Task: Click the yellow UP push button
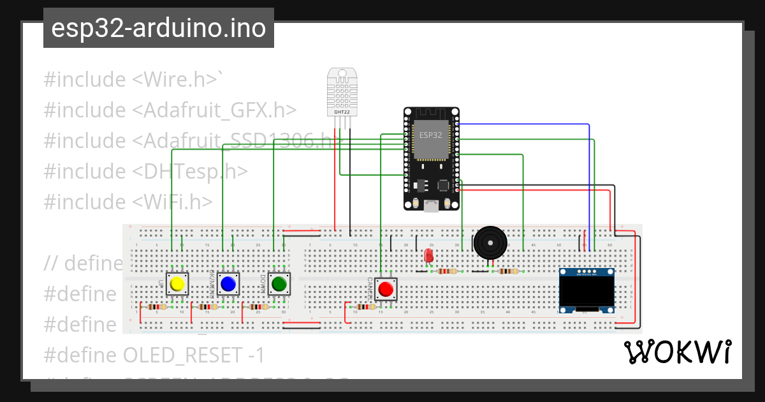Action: (177, 284)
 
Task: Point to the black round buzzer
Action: (490, 242)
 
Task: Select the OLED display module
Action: (586, 290)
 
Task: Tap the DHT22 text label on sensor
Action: (342, 112)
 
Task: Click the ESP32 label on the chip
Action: (431, 135)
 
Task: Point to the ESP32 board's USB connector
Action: (432, 205)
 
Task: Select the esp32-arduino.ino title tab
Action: (159, 28)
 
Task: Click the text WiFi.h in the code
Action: (172, 202)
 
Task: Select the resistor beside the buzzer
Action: (508, 271)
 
